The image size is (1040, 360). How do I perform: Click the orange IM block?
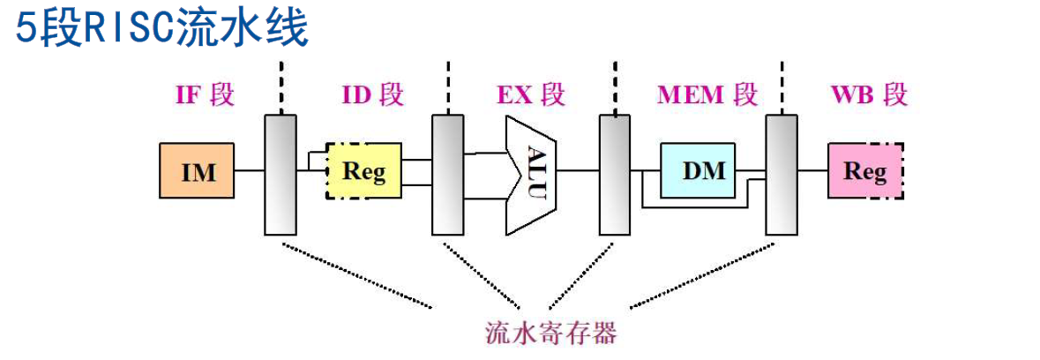coord(198,171)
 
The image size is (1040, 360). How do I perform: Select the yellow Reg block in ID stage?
coord(364,171)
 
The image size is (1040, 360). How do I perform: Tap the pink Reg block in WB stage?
coord(865,171)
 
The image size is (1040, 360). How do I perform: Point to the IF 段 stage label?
coord(206,95)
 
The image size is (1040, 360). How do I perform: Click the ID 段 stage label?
coord(371,95)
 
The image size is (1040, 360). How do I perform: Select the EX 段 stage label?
coord(531,95)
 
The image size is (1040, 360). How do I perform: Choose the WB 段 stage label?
coord(869,95)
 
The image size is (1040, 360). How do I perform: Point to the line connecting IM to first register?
coord(251,171)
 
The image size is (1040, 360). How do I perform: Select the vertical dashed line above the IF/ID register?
coord(281,88)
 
